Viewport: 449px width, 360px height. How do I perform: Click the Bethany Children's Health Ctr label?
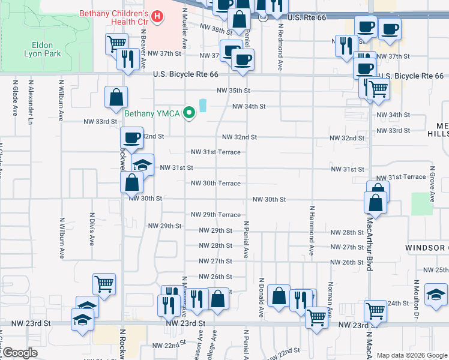(118, 17)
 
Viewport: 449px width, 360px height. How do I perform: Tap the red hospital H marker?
(158, 16)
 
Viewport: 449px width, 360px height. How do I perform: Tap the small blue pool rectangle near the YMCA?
(202, 106)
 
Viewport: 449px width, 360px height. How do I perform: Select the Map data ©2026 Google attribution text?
(411, 355)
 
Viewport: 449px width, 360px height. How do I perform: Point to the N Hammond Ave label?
(312, 231)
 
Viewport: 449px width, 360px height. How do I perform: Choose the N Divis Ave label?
(92, 227)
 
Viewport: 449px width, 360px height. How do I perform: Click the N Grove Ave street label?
(431, 184)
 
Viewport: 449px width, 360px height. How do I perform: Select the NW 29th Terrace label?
(215, 215)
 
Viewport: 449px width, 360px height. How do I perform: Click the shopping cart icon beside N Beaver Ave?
(116, 43)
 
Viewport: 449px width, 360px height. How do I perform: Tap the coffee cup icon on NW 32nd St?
(132, 137)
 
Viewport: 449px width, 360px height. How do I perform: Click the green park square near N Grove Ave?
(422, 204)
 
